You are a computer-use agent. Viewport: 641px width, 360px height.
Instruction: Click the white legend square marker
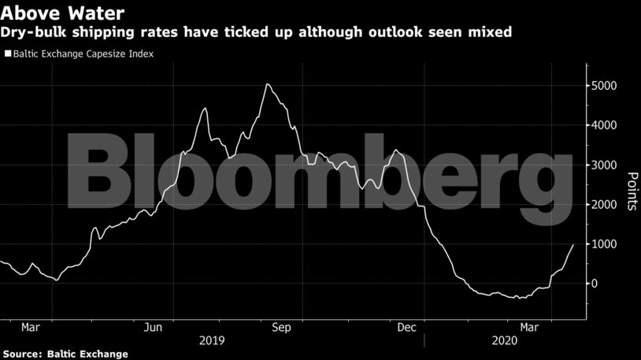(7, 54)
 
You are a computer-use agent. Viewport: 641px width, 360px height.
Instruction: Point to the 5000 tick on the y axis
(606, 85)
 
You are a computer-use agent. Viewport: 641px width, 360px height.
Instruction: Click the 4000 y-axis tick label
(606, 125)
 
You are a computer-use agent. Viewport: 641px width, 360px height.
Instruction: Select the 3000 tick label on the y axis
(606, 165)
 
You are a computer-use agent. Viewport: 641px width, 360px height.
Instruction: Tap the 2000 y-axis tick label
(606, 204)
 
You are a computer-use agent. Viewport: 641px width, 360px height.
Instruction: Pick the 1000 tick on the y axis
(606, 244)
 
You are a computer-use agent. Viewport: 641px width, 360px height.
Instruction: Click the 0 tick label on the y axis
(596, 284)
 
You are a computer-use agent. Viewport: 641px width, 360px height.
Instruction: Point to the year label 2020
(506, 341)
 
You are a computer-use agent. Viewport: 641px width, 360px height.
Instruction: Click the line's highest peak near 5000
(268, 84)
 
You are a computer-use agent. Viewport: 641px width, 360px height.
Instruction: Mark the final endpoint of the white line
(573, 245)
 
